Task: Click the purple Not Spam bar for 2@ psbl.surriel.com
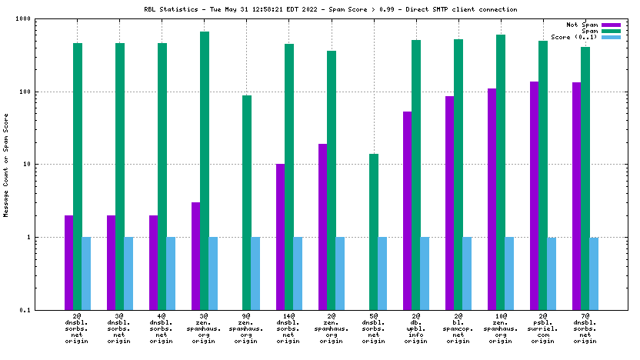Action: (534, 195)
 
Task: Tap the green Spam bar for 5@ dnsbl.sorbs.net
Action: (374, 232)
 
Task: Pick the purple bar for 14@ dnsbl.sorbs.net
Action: (280, 237)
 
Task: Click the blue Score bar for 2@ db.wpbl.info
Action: (425, 273)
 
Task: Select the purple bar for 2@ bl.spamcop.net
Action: (449, 203)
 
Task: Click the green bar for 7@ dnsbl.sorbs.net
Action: (585, 178)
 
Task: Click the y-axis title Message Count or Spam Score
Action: (6, 165)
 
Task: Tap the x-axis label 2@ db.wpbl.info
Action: (416, 328)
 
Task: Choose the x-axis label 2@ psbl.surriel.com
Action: (543, 328)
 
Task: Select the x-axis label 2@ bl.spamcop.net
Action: (458, 328)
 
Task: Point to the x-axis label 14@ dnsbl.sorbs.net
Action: (288, 328)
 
